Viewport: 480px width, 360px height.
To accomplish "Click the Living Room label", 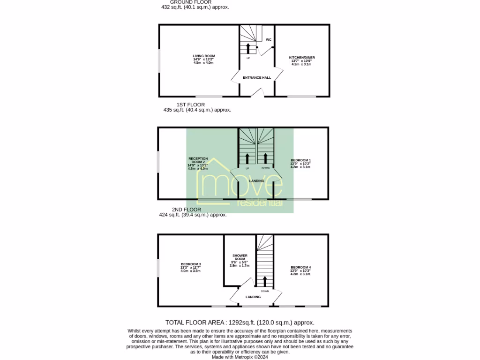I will pyautogui.click(x=203, y=56).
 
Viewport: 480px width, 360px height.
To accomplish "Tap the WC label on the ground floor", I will pyautogui.click(x=269, y=40).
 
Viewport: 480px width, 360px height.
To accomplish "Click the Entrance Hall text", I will pyautogui.click(x=257, y=77).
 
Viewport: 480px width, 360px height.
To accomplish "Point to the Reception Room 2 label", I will pyautogui.click(x=197, y=160).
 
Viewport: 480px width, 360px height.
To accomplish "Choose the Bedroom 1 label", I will pyautogui.click(x=300, y=160).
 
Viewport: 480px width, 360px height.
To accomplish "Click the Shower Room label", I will pyautogui.click(x=239, y=257).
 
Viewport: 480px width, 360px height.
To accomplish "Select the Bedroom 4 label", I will pyautogui.click(x=300, y=268).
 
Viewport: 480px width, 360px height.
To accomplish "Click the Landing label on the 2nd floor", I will pyautogui.click(x=253, y=297).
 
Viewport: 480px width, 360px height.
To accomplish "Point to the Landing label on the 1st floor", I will pyautogui.click(x=256, y=181).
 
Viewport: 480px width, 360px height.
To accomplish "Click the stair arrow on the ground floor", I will pyautogui.click(x=248, y=48).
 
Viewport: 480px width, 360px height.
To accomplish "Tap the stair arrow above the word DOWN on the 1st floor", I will pyautogui.click(x=266, y=158).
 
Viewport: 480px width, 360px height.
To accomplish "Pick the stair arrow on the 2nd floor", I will pyautogui.click(x=265, y=281).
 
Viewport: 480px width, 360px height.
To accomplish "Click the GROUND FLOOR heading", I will pyautogui.click(x=190, y=2).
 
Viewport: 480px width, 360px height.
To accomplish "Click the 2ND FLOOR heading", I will pyautogui.click(x=187, y=210).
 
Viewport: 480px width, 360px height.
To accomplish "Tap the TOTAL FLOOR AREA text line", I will pyautogui.click(x=240, y=322).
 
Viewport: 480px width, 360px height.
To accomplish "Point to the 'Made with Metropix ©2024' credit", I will pyautogui.click(x=240, y=357).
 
